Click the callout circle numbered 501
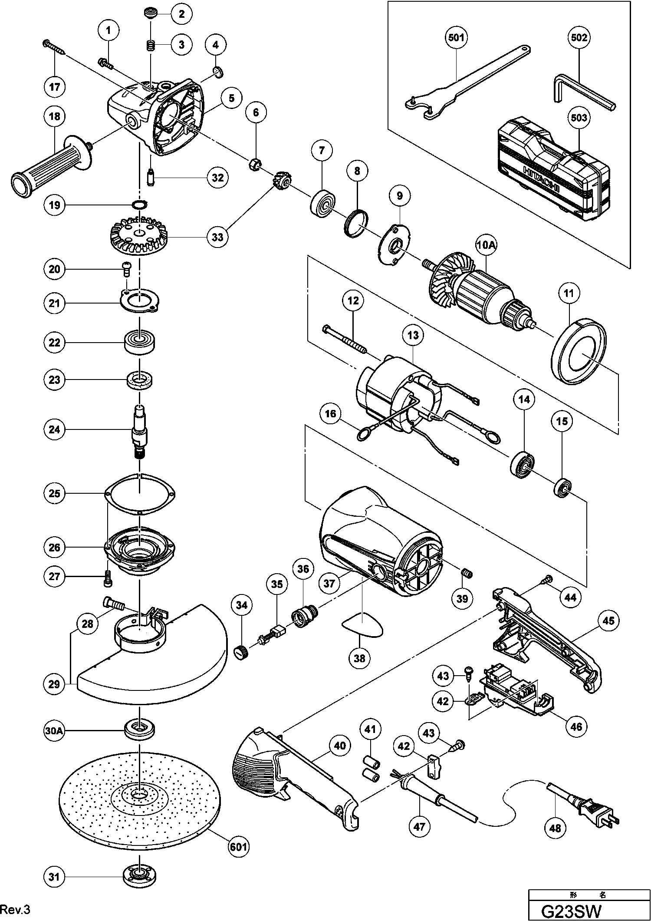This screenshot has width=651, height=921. click(x=456, y=38)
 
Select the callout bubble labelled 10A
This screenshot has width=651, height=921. click(x=486, y=246)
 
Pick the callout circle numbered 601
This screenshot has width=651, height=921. click(x=239, y=846)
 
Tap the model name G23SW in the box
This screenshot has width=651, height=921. click(x=572, y=911)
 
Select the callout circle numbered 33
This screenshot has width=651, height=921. click(x=217, y=237)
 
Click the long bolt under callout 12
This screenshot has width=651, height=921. click(x=345, y=339)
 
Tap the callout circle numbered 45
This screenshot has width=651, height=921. click(x=608, y=621)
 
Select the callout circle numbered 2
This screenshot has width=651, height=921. click(x=182, y=14)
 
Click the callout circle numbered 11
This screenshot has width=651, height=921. click(x=569, y=294)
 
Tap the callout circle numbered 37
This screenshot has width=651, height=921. click(x=329, y=583)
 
